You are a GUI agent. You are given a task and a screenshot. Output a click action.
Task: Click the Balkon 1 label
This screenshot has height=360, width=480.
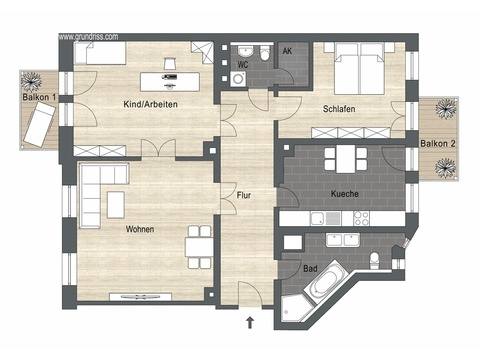point(39,98)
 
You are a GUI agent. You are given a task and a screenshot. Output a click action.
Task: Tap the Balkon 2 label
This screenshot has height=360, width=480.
point(438,143)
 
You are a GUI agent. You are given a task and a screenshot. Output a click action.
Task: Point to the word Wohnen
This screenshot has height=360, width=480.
point(139,228)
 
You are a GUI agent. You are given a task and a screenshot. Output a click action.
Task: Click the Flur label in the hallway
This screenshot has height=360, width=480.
point(243,194)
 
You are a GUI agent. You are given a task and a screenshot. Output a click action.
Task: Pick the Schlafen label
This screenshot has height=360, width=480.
point(340,109)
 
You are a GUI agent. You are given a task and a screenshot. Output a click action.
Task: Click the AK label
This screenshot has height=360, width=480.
point(287,51)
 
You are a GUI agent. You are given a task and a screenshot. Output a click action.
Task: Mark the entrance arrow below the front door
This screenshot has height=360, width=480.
point(248,322)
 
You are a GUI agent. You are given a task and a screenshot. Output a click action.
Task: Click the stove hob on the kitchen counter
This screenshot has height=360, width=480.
point(361,217)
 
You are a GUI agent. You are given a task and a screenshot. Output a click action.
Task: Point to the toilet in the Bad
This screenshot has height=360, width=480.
point(374,262)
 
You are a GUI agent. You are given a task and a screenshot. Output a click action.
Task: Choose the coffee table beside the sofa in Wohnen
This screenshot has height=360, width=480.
point(116,204)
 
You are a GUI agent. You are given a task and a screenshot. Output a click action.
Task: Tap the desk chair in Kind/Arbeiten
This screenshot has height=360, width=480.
point(169,62)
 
